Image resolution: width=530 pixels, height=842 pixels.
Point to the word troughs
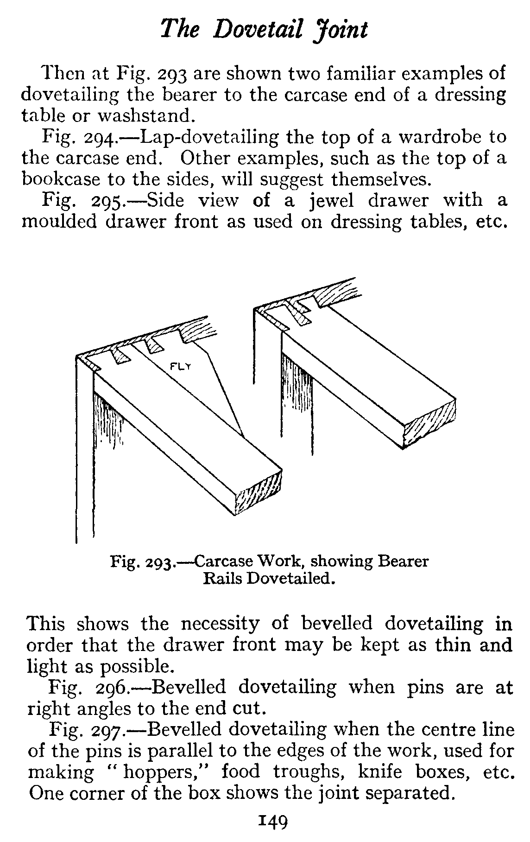308,773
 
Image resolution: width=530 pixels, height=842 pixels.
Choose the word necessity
220,624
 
